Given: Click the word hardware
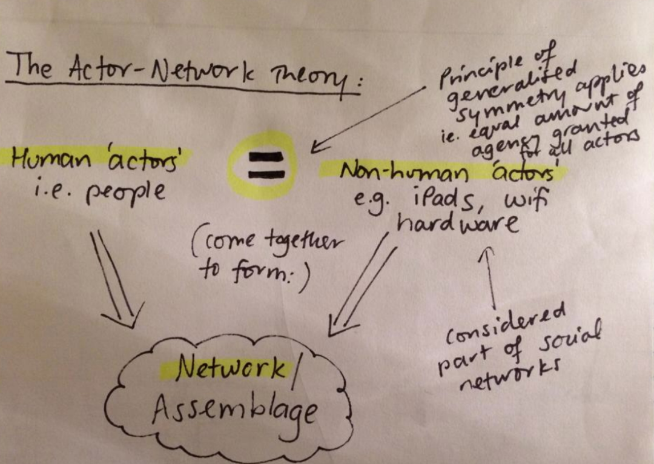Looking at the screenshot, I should [x=458, y=225].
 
